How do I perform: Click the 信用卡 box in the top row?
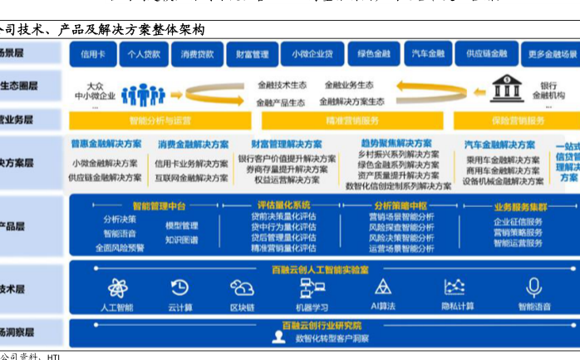pos(92,55)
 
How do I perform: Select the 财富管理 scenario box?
pos(251,55)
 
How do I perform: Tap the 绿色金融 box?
pos(373,55)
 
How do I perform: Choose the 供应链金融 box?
pos(486,55)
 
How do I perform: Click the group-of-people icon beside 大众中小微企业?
pos(143,94)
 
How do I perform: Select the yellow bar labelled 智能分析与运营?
pos(160,121)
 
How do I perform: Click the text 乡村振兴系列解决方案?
pos(398,155)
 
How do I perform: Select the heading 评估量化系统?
pos(284,205)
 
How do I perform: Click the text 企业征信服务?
pos(518,222)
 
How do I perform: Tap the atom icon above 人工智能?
pos(117,288)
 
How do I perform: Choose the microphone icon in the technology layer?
pos(534,288)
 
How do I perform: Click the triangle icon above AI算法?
pos(382,288)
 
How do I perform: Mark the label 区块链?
pos(242,307)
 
